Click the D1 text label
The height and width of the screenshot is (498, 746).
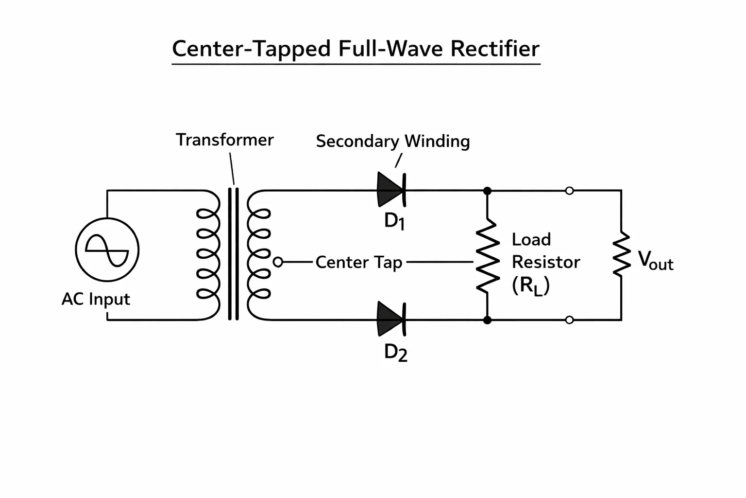[x=394, y=221]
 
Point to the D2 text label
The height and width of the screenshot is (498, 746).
[x=396, y=353]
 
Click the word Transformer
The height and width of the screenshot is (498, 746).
[x=225, y=140]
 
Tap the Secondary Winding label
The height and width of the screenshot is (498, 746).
[x=393, y=142]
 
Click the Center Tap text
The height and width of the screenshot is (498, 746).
[x=359, y=262]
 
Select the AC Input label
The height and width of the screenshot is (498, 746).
[x=96, y=299]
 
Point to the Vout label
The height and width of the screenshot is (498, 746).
[x=655, y=261]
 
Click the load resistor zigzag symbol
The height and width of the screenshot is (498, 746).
[x=488, y=256]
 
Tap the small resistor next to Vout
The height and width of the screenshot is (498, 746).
[x=622, y=254]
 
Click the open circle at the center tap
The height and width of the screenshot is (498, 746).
[x=278, y=262]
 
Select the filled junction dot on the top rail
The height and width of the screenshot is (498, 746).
[x=487, y=191]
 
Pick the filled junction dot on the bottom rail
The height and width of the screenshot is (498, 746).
[x=487, y=320]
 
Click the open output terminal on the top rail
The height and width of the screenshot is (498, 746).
[x=570, y=191]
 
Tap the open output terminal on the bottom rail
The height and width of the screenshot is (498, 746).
[x=570, y=320]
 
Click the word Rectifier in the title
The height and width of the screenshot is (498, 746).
[x=495, y=49]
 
